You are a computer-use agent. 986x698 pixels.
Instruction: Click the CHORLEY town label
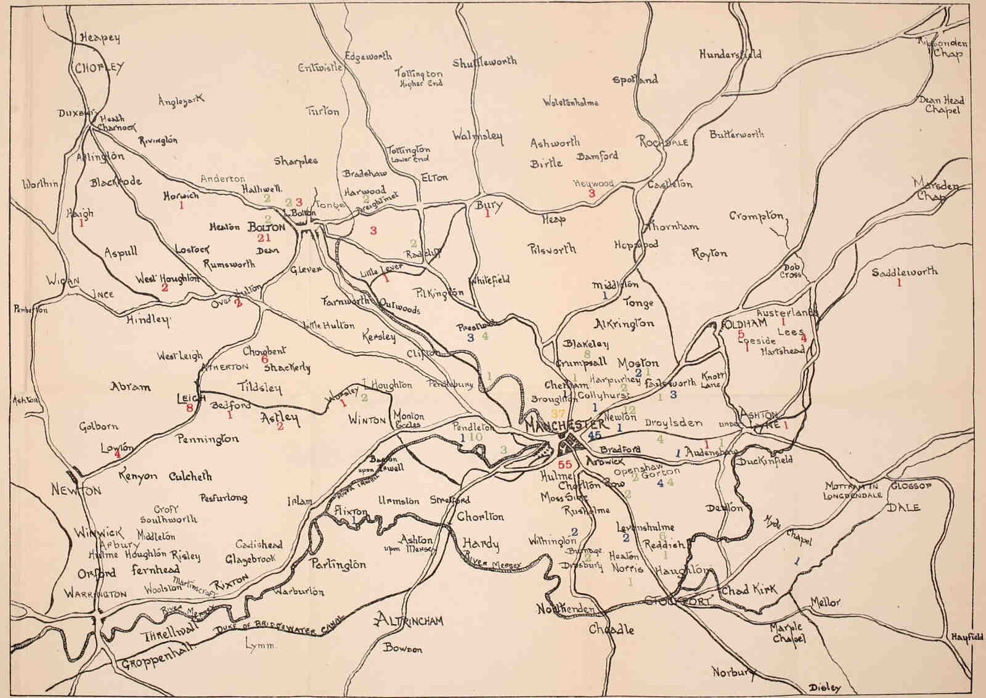[x=99, y=68]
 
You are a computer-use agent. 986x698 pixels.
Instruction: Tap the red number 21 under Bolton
[x=264, y=238]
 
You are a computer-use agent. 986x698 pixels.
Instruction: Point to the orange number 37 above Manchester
[x=558, y=413]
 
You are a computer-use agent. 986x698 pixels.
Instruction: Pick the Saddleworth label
[x=905, y=272]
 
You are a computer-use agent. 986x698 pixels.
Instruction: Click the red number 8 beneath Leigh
[x=190, y=408]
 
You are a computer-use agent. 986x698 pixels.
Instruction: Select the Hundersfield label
[x=730, y=54]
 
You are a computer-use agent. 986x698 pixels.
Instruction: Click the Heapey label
[x=100, y=38]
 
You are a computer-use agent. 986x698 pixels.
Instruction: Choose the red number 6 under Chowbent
[x=264, y=359]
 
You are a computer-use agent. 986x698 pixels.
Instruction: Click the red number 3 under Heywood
[x=592, y=193]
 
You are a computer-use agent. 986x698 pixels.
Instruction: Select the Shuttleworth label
[x=484, y=62]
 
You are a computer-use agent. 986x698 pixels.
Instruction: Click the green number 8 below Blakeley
[x=587, y=354]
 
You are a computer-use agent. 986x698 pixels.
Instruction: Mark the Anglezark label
[x=181, y=100]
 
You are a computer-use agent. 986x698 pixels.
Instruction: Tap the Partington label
[x=338, y=564]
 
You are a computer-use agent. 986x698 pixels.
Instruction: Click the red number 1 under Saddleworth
[x=899, y=283]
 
